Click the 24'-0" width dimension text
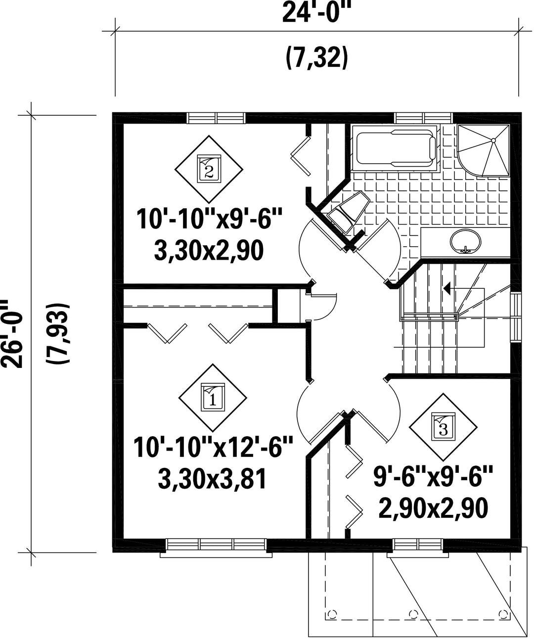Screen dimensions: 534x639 pyautogui.click(x=316, y=12)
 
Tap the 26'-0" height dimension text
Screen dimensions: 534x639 pyautogui.click(x=12, y=334)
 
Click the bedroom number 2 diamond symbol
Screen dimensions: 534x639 pyautogui.click(x=209, y=169)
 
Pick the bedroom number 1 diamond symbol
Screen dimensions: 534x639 pyautogui.click(x=213, y=398)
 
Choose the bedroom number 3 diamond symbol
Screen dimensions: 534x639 pyautogui.click(x=443, y=427)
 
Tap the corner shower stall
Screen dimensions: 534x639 pyautogui.click(x=483, y=150)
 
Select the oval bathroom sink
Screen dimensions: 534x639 pyautogui.click(x=465, y=242)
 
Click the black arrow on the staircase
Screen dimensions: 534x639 pyautogui.click(x=447, y=288)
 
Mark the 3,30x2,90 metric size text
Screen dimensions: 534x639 pyautogui.click(x=209, y=250)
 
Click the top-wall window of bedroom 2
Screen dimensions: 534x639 pyautogui.click(x=217, y=118)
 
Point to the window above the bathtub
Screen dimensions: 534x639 pyautogui.click(x=424, y=118)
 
